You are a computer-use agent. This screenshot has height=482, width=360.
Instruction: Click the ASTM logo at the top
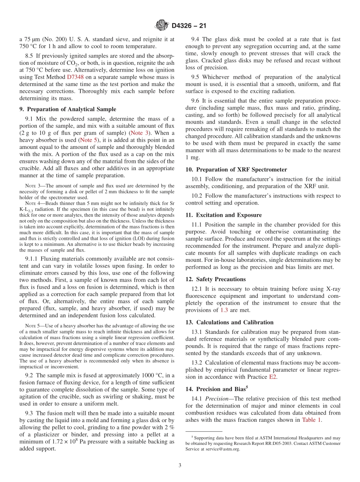pyautogui.click(x=162, y=26)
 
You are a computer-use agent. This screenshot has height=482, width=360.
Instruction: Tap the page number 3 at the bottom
pyautogui.click(x=180, y=465)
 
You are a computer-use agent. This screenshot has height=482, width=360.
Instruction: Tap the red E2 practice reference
pyautogui.click(x=273, y=377)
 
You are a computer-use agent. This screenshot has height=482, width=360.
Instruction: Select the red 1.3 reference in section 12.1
pyautogui.click(x=224, y=310)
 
